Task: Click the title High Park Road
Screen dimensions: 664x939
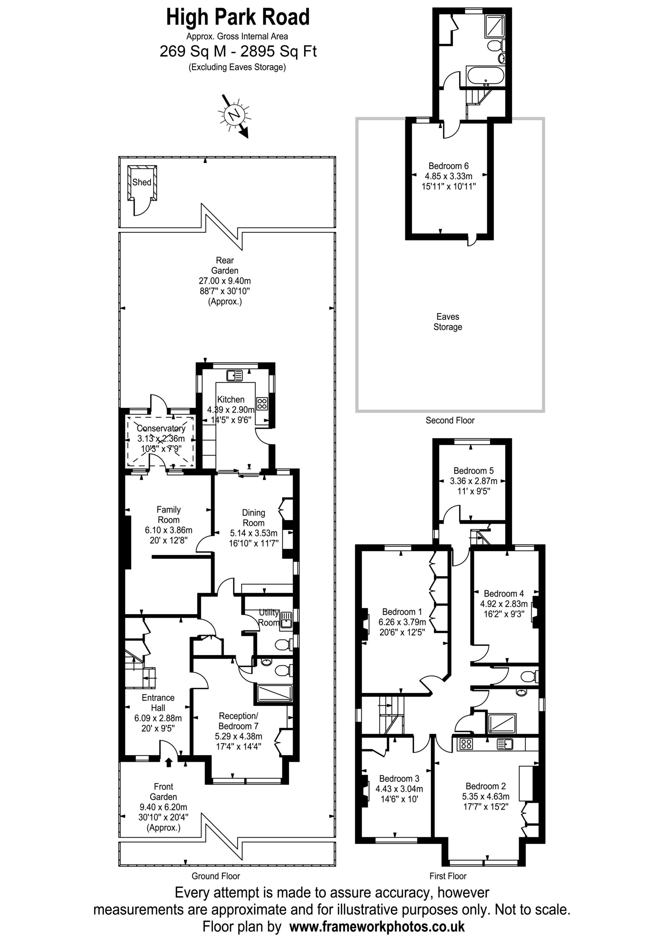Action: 238,17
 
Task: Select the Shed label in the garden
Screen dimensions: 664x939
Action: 142,182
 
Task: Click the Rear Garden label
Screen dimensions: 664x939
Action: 225,265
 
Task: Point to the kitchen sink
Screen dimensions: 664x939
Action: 234,374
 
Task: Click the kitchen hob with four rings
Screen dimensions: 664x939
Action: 262,403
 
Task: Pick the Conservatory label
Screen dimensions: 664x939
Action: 161,428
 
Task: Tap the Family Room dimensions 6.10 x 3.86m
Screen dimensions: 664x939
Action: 168,530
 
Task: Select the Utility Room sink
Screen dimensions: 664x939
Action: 287,620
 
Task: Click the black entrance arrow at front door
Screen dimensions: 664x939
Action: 168,761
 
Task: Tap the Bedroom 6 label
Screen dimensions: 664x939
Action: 448,166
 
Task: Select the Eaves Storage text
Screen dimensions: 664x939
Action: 448,321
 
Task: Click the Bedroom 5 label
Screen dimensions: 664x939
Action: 473,470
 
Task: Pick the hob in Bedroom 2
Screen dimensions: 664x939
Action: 466,744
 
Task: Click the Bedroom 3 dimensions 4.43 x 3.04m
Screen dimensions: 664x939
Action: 399,789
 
